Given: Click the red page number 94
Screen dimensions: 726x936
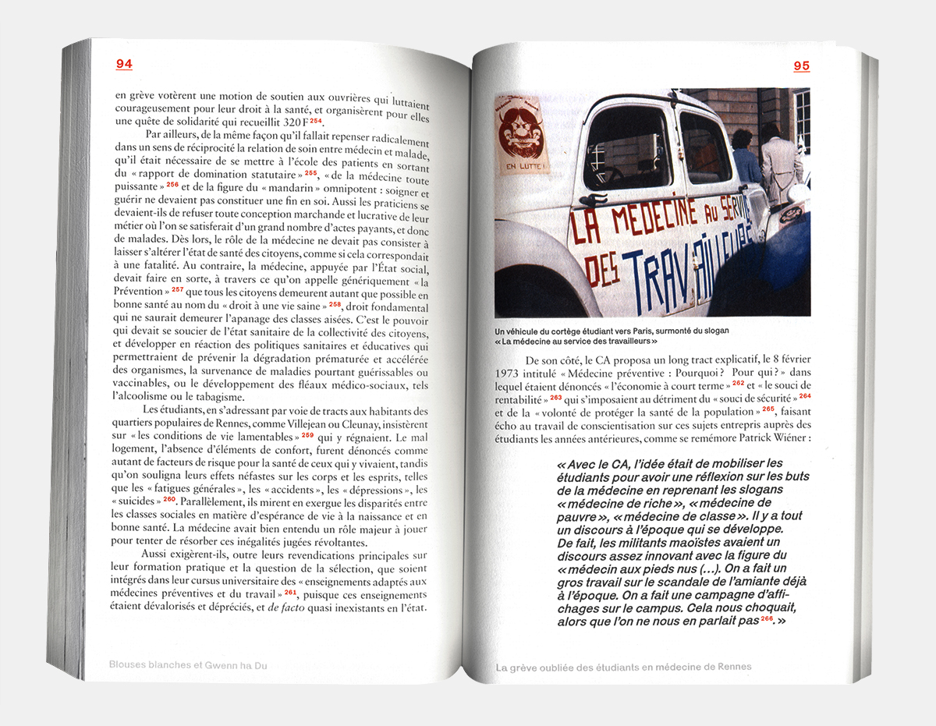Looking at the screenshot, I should [x=124, y=65].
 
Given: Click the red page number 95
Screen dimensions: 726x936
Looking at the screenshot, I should [x=802, y=66].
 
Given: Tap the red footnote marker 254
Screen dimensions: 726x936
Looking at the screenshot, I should [x=315, y=121].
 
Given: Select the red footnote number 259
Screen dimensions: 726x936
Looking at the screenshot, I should [x=308, y=436].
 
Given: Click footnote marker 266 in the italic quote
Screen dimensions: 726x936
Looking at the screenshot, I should [x=766, y=619].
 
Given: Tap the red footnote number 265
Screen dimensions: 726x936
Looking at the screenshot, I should [x=768, y=409].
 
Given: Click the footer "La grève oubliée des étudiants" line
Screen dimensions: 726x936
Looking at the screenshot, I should [x=623, y=667].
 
